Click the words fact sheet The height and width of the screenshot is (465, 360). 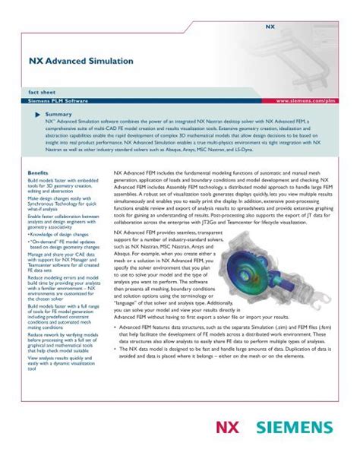coord(43,90)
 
